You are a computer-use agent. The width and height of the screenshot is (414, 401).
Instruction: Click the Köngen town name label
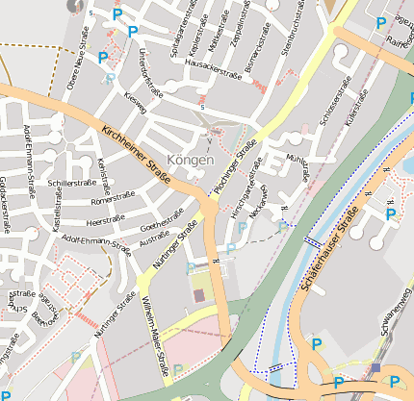pyautogui.click(x=190, y=160)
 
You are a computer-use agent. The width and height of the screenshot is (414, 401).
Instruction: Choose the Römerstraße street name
pyautogui.click(x=112, y=202)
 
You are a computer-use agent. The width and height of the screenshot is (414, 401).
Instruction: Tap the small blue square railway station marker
pyautogui.click(x=375, y=367)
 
